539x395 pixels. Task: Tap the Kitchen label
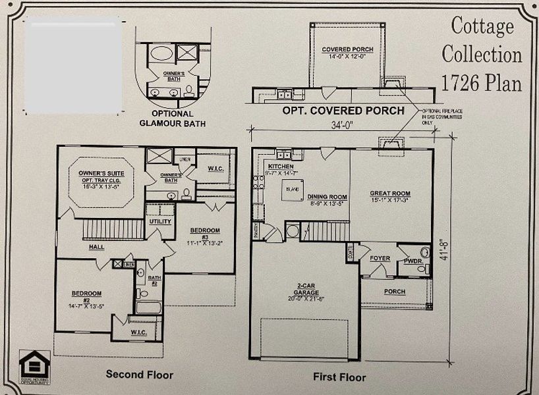280,168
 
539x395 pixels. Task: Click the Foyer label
380,258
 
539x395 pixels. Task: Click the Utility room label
160,222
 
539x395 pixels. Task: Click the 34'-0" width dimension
341,126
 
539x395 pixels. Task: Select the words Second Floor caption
140,375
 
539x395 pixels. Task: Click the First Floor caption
339,377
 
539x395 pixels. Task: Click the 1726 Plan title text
481,83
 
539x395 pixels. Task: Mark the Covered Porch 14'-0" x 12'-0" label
347,53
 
